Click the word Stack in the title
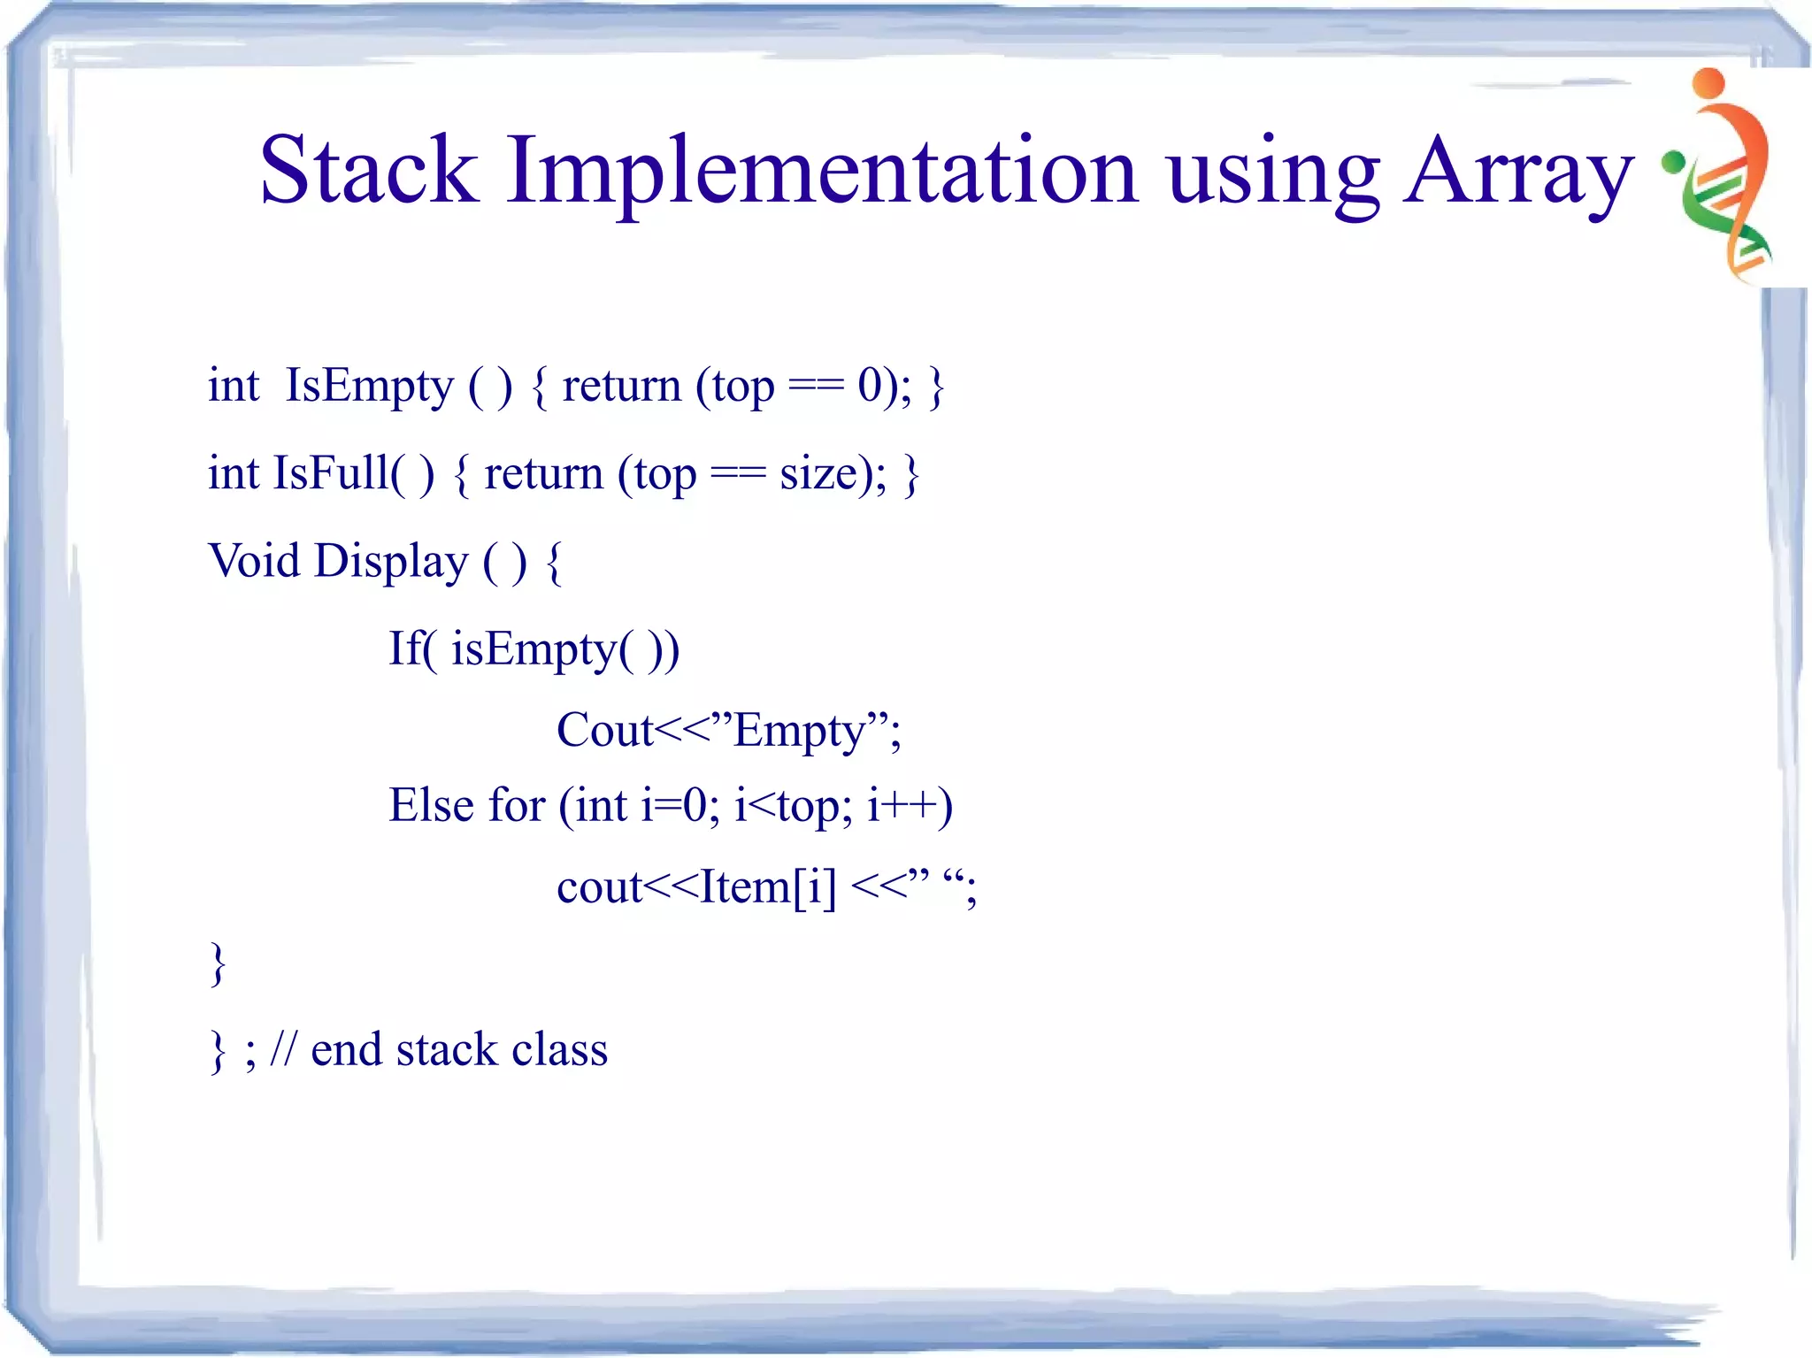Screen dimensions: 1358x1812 pos(368,170)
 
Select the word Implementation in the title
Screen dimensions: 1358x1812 pos(821,173)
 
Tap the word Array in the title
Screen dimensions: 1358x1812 pos(1518,173)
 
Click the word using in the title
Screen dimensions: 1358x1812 pos(1272,173)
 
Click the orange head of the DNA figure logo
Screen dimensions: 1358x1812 pos(1708,83)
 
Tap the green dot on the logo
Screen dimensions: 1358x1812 pos(1671,162)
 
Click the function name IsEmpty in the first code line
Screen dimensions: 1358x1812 pos(368,387)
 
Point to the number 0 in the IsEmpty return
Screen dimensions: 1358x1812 pos(871,386)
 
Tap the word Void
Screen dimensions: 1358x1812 pos(254,561)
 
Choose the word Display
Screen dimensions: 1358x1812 pos(391,563)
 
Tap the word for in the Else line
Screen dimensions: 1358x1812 pos(517,806)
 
